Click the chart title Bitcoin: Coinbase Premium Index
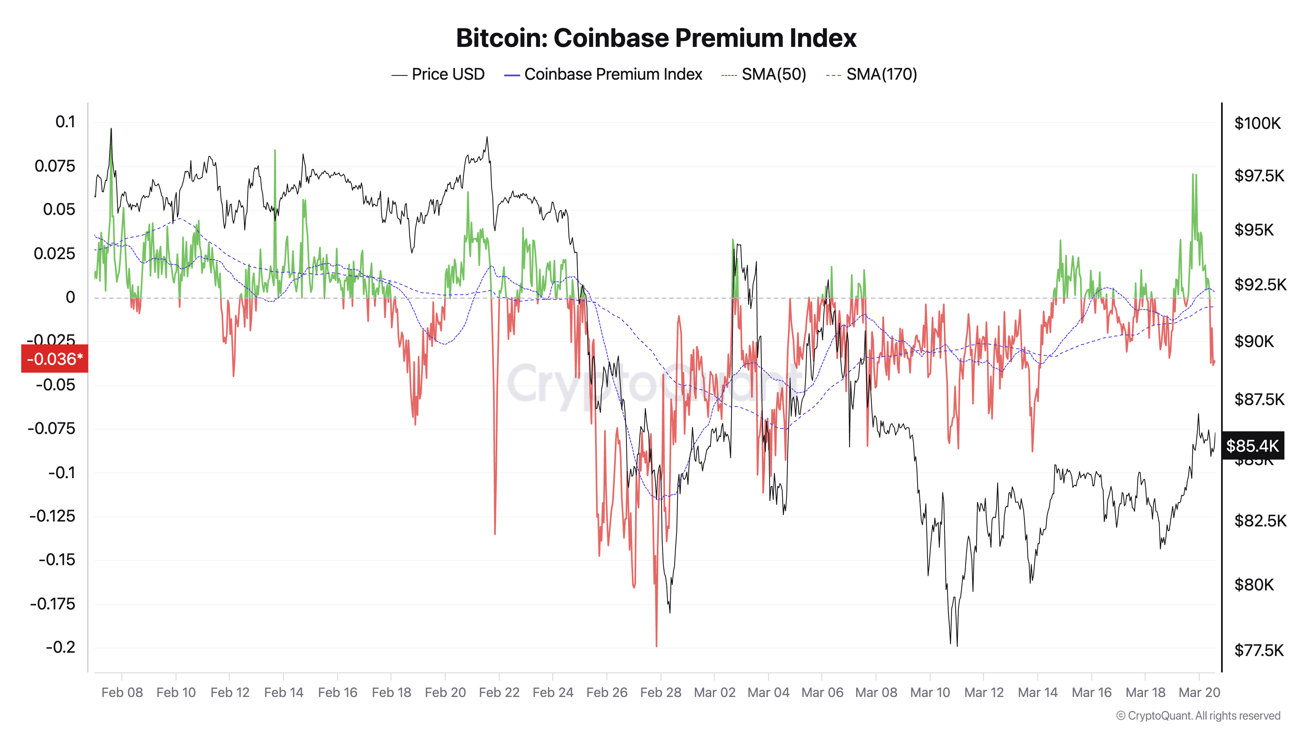(x=656, y=38)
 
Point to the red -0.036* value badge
(x=54, y=359)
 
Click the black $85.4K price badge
(x=1252, y=446)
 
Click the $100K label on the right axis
(x=1257, y=123)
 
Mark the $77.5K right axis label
(x=1259, y=650)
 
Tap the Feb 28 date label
(x=660, y=693)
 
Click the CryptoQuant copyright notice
(x=1198, y=716)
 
